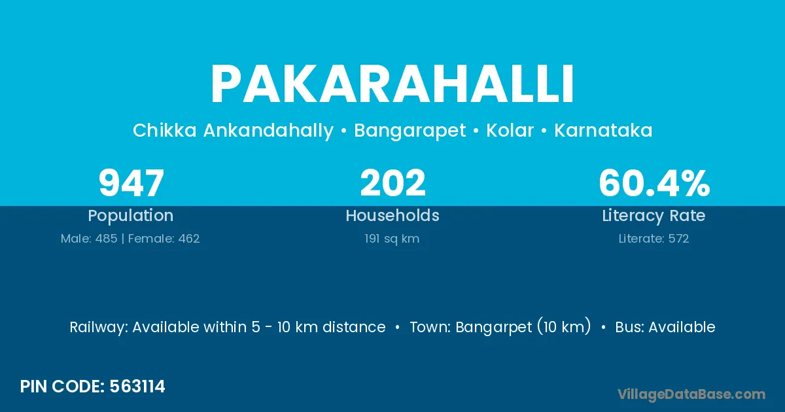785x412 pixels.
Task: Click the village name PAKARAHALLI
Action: (x=392, y=84)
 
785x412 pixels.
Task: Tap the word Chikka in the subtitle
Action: (x=164, y=130)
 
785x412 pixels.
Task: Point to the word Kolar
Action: (x=510, y=130)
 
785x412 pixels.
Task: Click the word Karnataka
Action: (x=603, y=130)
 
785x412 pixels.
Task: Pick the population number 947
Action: (x=131, y=183)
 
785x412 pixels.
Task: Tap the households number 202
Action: (x=392, y=183)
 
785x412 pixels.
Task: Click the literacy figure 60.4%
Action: (x=654, y=183)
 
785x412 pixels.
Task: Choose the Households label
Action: (x=392, y=215)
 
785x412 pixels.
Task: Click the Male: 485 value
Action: (x=89, y=239)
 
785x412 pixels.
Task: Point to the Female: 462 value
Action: (x=164, y=239)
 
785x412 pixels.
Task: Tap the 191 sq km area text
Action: (x=392, y=239)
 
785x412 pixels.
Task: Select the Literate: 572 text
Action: (x=654, y=239)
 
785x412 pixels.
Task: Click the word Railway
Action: (x=99, y=328)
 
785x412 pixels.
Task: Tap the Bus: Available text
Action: (x=665, y=327)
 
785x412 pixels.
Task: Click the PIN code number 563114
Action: (x=137, y=386)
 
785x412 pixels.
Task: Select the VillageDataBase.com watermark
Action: (x=691, y=395)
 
